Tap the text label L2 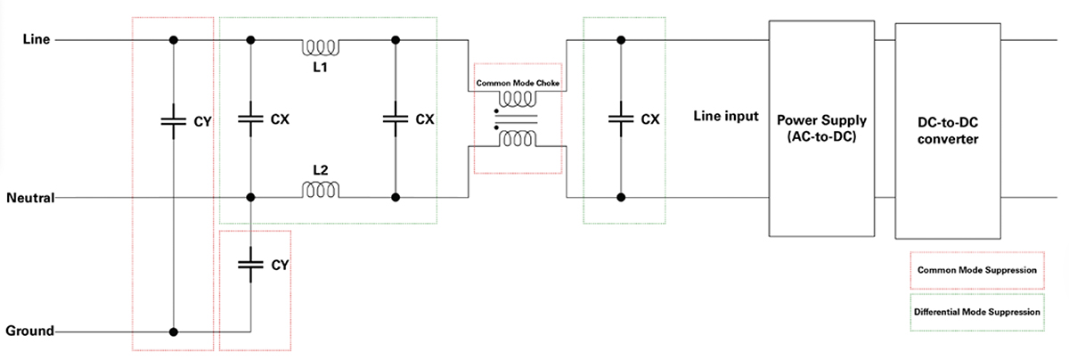[320, 168]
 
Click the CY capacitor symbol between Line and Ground [173, 119]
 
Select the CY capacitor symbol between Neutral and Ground [251, 265]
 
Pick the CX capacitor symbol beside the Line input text [621, 119]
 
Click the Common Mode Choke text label [518, 84]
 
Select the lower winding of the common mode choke [518, 138]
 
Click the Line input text [725, 117]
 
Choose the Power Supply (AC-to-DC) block [822, 129]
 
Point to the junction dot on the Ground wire [174, 331]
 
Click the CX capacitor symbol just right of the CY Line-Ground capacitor [251, 119]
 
